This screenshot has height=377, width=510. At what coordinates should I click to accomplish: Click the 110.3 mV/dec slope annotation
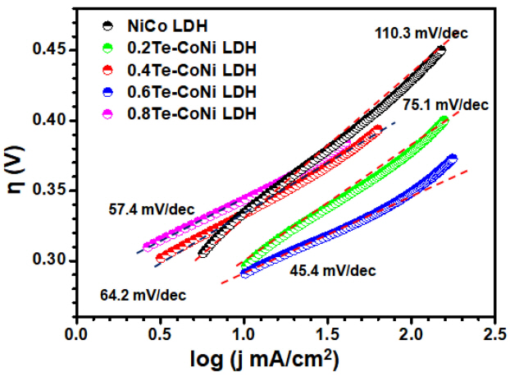tap(410, 33)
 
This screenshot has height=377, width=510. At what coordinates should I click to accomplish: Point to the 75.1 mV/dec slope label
tap(445, 104)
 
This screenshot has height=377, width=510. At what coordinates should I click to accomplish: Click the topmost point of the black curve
tap(440, 50)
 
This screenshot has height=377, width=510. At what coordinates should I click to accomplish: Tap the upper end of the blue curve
tap(452, 158)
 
